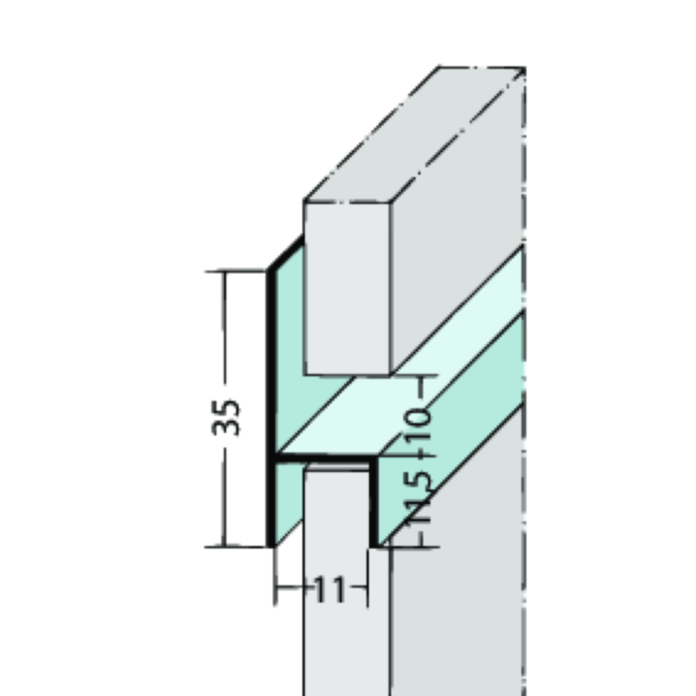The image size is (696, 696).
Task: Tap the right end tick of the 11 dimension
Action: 368,591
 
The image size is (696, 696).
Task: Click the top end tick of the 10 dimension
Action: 426,378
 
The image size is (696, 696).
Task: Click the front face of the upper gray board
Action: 347,288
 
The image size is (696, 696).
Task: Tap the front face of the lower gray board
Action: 344,597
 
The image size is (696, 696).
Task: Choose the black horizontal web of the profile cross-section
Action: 323,460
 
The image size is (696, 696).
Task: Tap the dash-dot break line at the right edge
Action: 524,398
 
